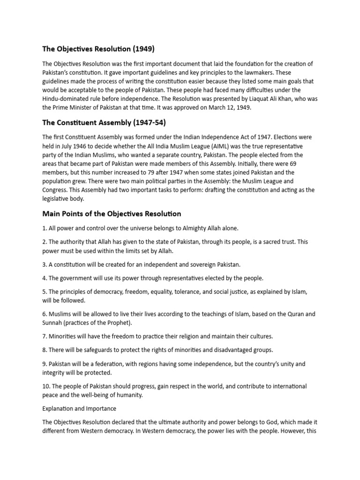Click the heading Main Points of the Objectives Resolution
[112, 214]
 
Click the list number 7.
[45, 337]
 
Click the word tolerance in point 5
[186, 292]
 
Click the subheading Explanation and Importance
[79, 409]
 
